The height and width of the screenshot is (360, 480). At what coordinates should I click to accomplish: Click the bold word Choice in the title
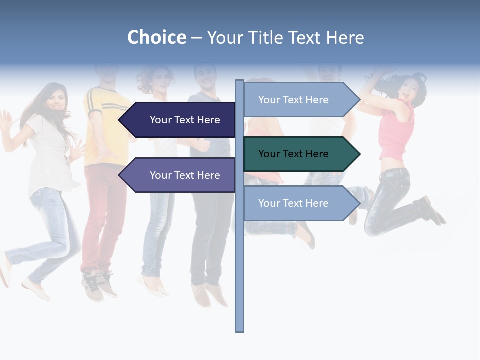point(156,37)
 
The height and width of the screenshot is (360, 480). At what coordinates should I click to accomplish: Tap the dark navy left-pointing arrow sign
point(180,120)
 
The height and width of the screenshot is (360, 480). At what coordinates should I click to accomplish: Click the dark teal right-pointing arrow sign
point(297,154)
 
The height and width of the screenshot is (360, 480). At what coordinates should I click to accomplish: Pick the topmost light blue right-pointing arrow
point(297,100)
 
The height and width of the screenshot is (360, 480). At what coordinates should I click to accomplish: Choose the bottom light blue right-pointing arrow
point(297,203)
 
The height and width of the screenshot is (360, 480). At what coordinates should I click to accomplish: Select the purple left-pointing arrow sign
point(180,175)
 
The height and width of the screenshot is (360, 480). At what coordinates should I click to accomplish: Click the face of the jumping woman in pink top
point(406,89)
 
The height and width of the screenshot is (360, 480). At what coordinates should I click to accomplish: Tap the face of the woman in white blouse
point(55,100)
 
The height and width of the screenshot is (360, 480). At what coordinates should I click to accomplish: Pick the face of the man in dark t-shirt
point(205,77)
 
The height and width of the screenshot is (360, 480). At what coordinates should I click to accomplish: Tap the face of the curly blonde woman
point(160,82)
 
